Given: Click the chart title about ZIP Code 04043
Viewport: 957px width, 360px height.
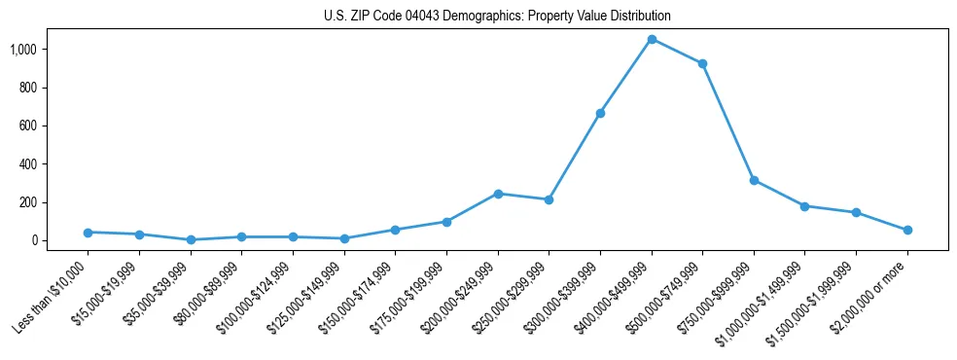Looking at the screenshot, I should [497, 17].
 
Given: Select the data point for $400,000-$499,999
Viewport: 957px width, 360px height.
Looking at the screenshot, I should [652, 39].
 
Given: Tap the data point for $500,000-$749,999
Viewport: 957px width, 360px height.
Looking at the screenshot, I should [702, 63].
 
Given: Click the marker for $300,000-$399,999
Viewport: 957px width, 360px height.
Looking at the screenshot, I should [600, 113].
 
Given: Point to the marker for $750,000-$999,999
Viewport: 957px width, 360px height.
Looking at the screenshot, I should [754, 180].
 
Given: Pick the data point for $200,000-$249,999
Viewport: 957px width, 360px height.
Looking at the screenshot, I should [498, 194].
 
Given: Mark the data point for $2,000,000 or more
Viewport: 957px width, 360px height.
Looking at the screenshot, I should [907, 230].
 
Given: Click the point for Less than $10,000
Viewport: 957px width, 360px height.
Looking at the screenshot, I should [88, 233].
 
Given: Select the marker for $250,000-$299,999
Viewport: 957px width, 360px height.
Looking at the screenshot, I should [549, 199].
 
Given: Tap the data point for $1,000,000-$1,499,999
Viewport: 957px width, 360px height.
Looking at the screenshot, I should [804, 206].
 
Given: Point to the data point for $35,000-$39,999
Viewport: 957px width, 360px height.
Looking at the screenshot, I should [191, 239].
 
